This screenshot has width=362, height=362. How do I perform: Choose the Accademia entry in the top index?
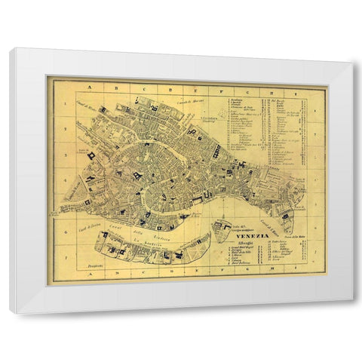click(241, 98)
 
